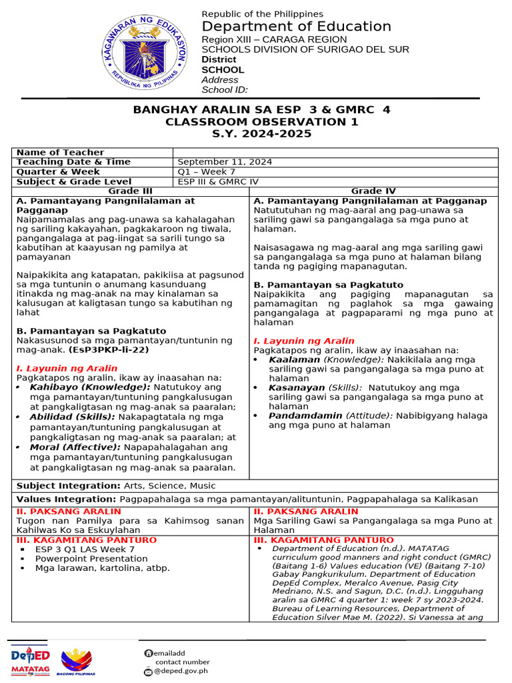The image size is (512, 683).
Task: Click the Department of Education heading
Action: pos(296,27)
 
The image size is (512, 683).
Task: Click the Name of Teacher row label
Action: pos(60,153)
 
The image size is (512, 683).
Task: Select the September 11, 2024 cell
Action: pos(225,162)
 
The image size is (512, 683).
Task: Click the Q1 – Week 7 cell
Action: pos(203,172)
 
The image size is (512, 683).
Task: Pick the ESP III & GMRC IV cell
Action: pos(217,181)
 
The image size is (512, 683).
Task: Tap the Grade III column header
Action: pos(131,191)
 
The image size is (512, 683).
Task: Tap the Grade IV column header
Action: pos(373,191)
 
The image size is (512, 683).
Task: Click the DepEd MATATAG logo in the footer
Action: pos(31,660)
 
